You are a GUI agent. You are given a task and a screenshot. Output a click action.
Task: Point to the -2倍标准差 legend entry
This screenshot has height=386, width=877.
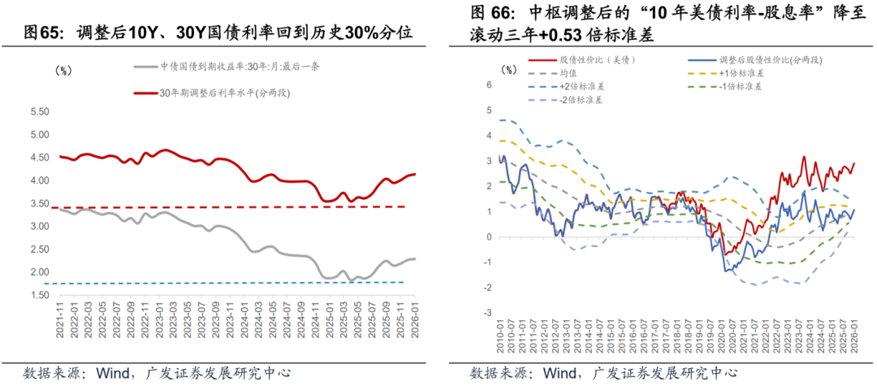click(x=584, y=99)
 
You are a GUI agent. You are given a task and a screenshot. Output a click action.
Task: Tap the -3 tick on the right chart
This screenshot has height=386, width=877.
click(x=490, y=313)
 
